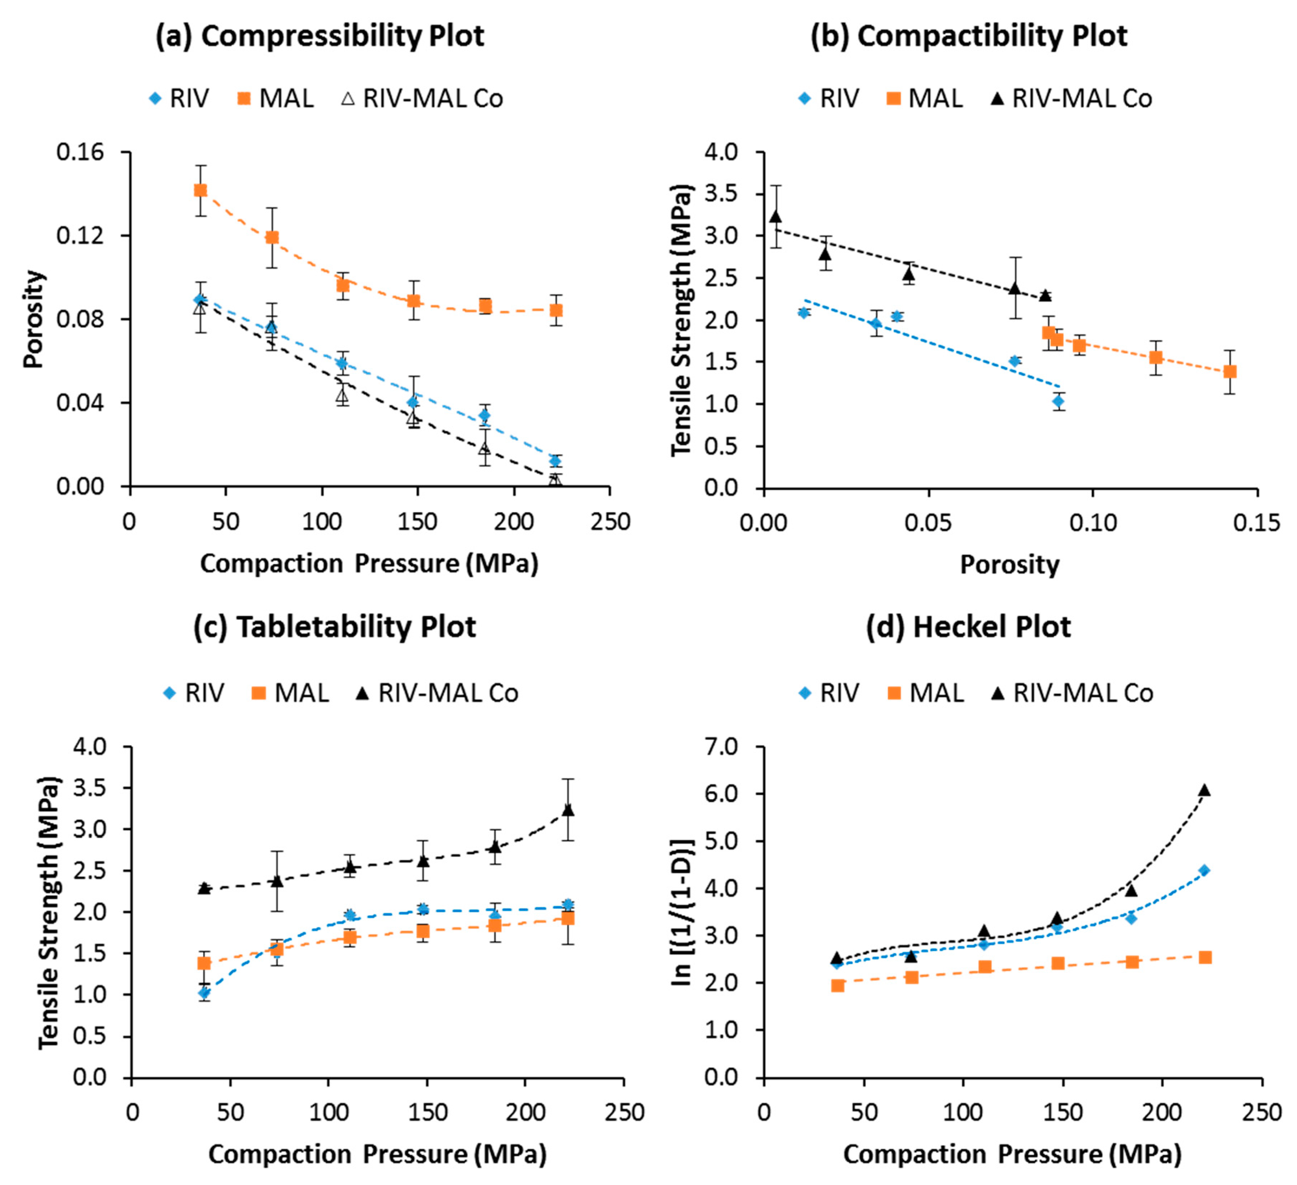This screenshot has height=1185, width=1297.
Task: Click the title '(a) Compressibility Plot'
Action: point(320,36)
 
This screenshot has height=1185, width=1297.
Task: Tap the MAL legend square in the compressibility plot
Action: point(244,99)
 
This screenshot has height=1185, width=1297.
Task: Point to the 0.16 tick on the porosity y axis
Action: point(80,153)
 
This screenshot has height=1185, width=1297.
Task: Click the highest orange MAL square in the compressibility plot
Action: point(201,190)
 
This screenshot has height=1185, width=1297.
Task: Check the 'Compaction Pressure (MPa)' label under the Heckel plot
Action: point(1012,1155)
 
